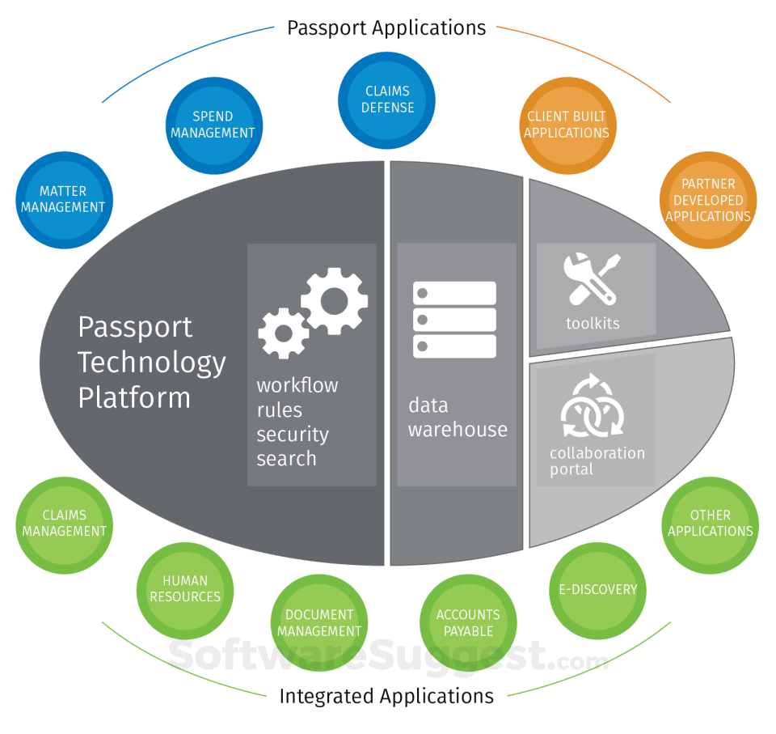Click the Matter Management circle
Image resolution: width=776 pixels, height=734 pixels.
click(63, 199)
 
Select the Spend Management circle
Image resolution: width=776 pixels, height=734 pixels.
click(213, 125)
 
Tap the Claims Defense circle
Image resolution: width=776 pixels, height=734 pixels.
click(387, 100)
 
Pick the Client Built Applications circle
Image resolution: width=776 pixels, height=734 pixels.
click(566, 125)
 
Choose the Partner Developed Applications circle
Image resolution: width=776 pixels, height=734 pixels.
click(708, 200)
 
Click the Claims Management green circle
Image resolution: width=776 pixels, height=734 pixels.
click(64, 524)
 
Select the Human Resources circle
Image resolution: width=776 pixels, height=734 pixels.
click(185, 589)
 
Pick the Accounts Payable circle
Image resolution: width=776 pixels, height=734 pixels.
click(468, 623)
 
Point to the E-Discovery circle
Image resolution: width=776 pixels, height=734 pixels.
click(598, 590)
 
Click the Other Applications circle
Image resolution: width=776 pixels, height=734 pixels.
click(711, 524)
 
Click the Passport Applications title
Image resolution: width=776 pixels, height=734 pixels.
click(386, 28)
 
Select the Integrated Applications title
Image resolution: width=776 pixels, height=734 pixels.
click(386, 696)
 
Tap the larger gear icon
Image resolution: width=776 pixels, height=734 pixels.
click(335, 301)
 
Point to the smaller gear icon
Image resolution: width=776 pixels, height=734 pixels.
click(283, 333)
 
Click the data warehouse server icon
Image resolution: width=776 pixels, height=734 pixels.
click(454, 320)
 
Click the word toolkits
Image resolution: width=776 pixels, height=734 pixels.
click(593, 324)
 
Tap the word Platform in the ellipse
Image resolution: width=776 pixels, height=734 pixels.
click(134, 397)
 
